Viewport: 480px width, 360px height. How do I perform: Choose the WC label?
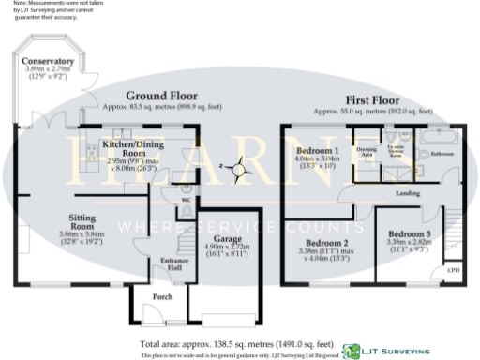[x=186, y=202]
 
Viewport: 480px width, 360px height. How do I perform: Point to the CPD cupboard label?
[x=453, y=270]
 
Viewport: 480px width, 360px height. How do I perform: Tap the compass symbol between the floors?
[x=241, y=170]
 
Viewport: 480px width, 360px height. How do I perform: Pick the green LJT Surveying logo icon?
[x=352, y=351]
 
